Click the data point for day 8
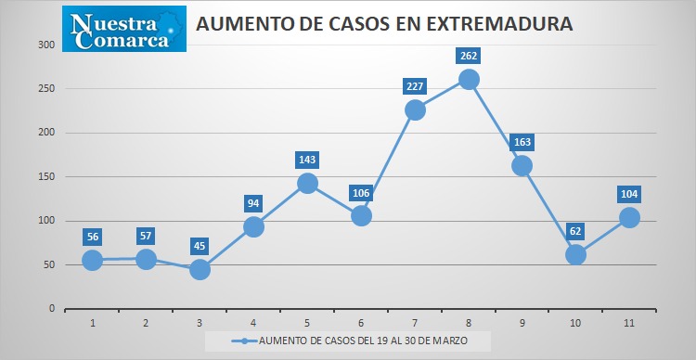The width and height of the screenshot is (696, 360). click(469, 80)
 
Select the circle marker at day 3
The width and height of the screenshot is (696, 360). click(200, 269)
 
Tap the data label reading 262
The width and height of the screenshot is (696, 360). click(469, 56)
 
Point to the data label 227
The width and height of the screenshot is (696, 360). click(415, 86)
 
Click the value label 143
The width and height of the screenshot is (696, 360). click(307, 160)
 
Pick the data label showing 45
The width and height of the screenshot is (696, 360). click(200, 246)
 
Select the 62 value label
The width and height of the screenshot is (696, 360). click(575, 231)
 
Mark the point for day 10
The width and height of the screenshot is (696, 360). click(575, 255)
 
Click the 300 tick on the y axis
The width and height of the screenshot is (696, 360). click(46, 45)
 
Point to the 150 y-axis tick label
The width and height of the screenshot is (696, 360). click(46, 176)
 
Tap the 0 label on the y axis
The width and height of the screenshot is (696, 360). click(52, 309)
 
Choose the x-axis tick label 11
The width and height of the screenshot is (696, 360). click(629, 323)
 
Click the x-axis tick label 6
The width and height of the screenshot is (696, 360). click(361, 323)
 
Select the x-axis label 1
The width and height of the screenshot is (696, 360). click(92, 323)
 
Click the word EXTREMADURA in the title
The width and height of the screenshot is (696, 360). click(499, 24)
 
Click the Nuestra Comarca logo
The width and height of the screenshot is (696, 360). click(124, 29)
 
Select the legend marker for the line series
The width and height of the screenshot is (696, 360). click(244, 341)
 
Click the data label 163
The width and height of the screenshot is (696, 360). click(522, 143)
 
